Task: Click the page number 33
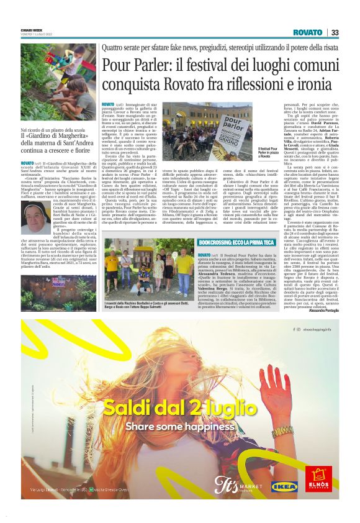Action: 335,32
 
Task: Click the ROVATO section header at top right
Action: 308,32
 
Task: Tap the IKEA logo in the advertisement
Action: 284,486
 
